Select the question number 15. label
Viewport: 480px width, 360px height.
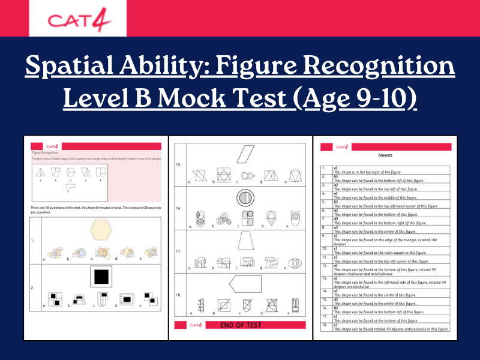point(178,164)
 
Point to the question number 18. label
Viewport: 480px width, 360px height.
point(178,296)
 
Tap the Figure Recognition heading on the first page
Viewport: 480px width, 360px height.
point(46,153)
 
